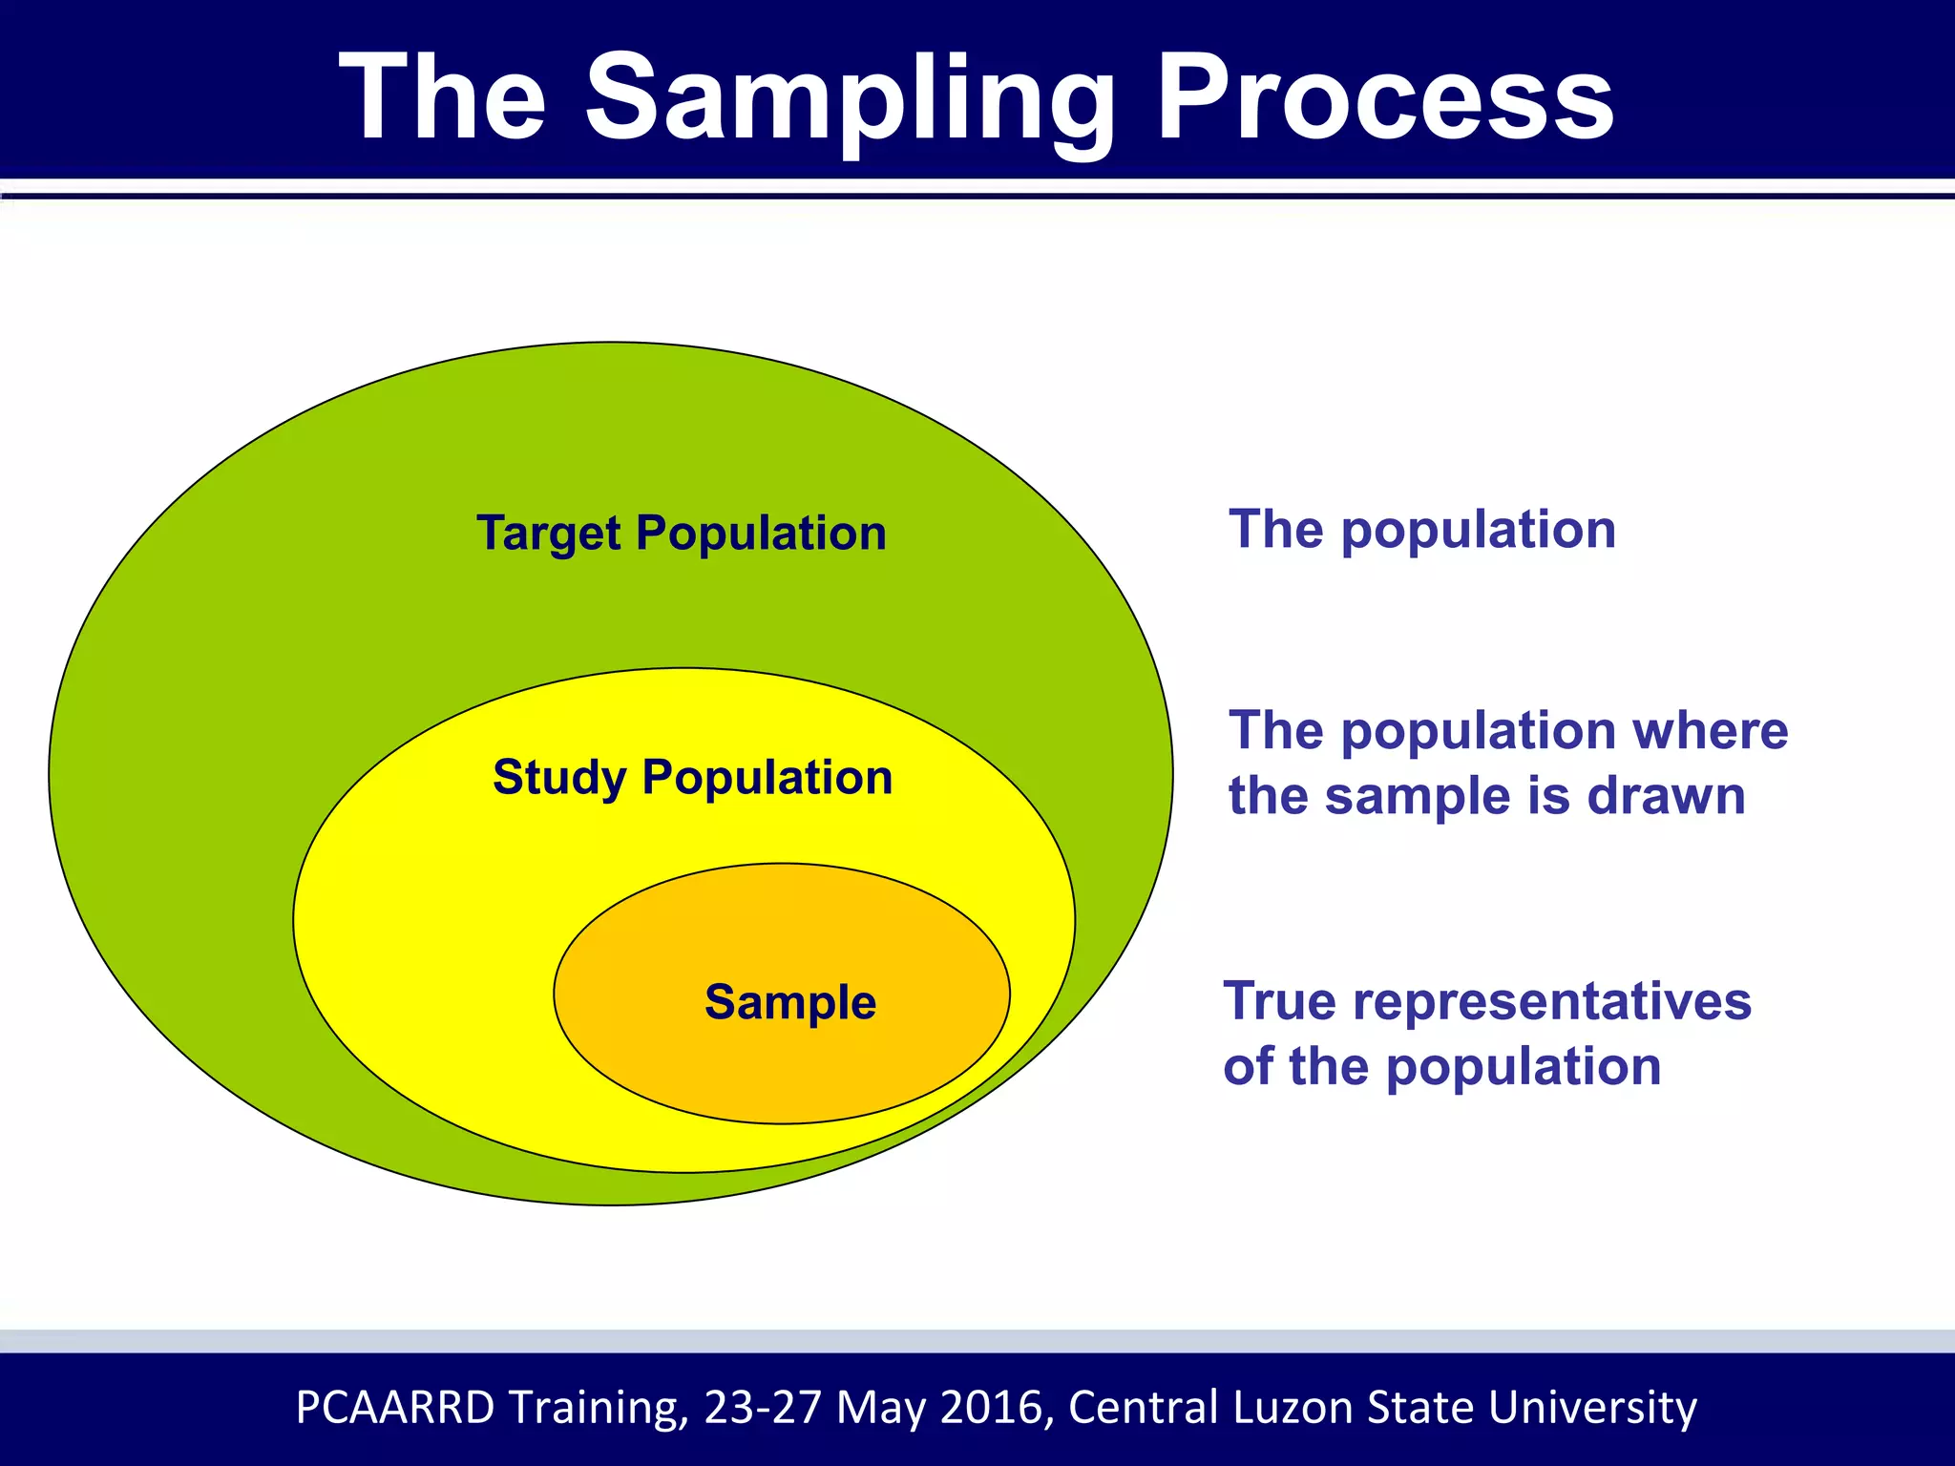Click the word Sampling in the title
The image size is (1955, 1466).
(850, 100)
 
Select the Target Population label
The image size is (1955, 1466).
(681, 533)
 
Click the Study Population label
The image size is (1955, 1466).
(692, 777)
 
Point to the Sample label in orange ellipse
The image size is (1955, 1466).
(789, 1002)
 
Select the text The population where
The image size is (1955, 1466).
(1507, 731)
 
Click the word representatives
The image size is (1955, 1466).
(1551, 1001)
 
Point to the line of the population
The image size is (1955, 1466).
(1441, 1066)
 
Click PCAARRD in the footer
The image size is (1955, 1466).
(395, 1407)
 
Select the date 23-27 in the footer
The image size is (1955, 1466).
(762, 1407)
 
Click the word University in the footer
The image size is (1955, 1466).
(1591, 1407)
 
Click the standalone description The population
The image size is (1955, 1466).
(1421, 530)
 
